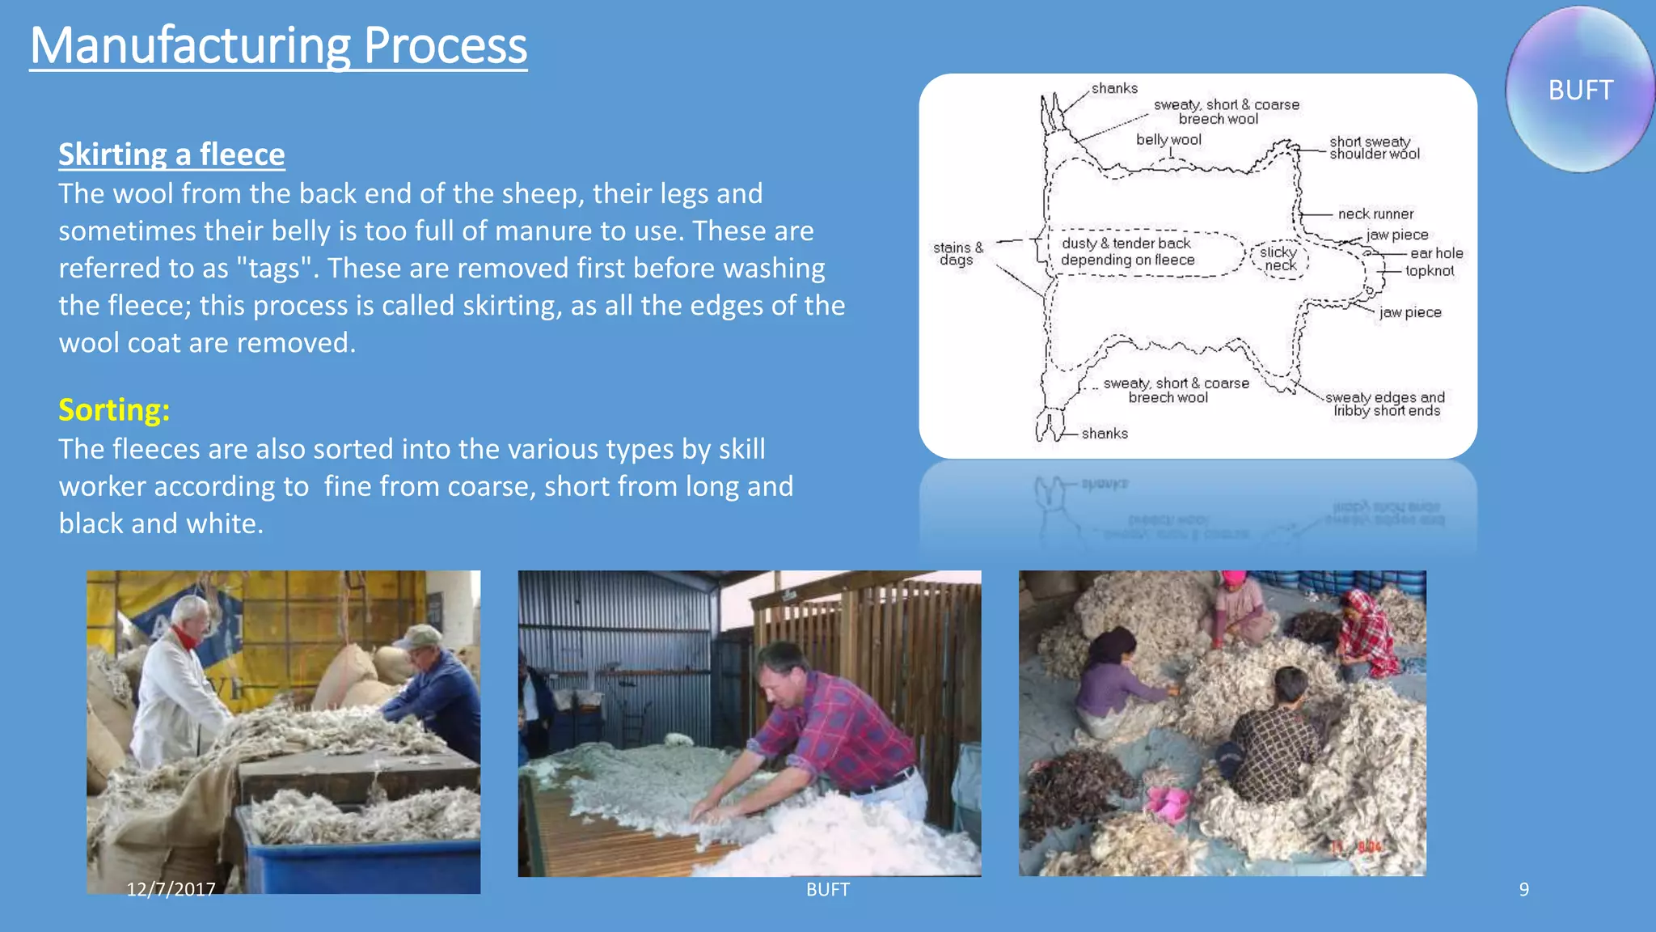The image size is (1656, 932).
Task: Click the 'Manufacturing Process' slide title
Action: point(278,45)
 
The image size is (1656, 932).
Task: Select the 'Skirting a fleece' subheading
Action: point(171,154)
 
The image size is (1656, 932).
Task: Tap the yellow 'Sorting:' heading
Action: point(114,409)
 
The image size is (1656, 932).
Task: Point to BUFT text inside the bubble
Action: point(1580,90)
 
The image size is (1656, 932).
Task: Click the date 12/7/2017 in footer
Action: point(171,889)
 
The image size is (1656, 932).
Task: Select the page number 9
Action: point(1523,889)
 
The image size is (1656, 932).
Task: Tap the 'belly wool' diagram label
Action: point(1168,140)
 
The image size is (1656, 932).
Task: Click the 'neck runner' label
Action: point(1375,214)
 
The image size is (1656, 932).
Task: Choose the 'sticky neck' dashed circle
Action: point(1279,259)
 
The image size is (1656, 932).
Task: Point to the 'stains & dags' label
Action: point(957,253)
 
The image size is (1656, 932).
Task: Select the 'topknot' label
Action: point(1429,271)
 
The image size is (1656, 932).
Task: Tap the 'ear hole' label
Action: point(1436,253)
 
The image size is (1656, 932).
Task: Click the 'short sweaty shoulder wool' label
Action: point(1374,148)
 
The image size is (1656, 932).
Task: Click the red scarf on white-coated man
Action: point(188,639)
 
